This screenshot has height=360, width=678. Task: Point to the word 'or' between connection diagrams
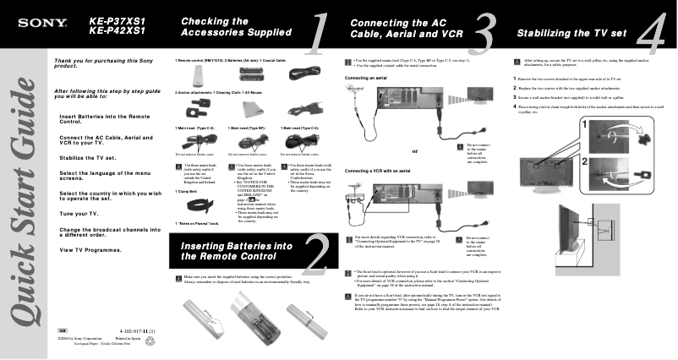(414, 152)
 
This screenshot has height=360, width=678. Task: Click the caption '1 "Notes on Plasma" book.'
(197, 222)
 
